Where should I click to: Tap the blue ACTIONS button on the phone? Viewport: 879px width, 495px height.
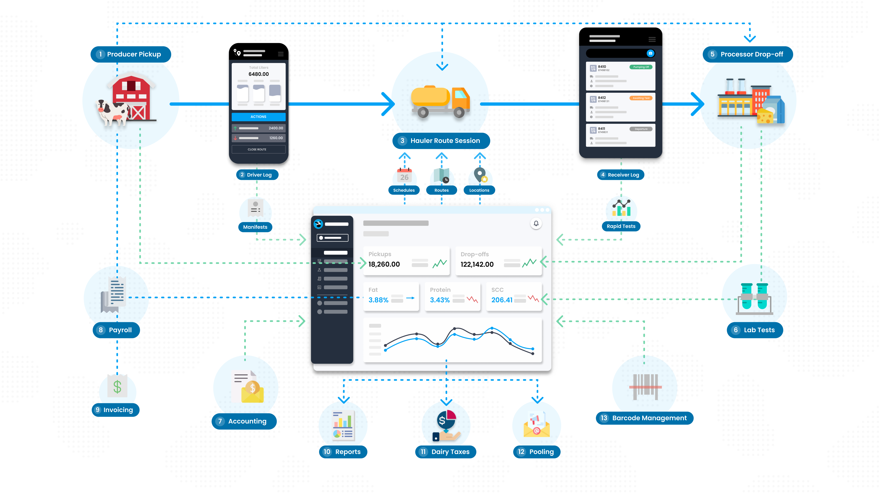click(x=258, y=117)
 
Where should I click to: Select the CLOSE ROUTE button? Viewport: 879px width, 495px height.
click(x=258, y=149)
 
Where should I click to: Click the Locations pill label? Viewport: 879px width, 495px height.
click(x=479, y=190)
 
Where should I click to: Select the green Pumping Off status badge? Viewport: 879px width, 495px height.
click(x=641, y=67)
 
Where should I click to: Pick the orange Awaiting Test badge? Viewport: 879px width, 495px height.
click(x=641, y=98)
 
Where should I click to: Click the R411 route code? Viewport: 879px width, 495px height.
click(x=602, y=129)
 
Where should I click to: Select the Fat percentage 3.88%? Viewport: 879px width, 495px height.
click(x=378, y=300)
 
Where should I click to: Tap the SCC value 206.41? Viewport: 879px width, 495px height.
click(x=502, y=300)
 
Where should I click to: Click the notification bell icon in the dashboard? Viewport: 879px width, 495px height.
click(x=536, y=223)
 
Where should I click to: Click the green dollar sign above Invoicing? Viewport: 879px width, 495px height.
click(x=117, y=387)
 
